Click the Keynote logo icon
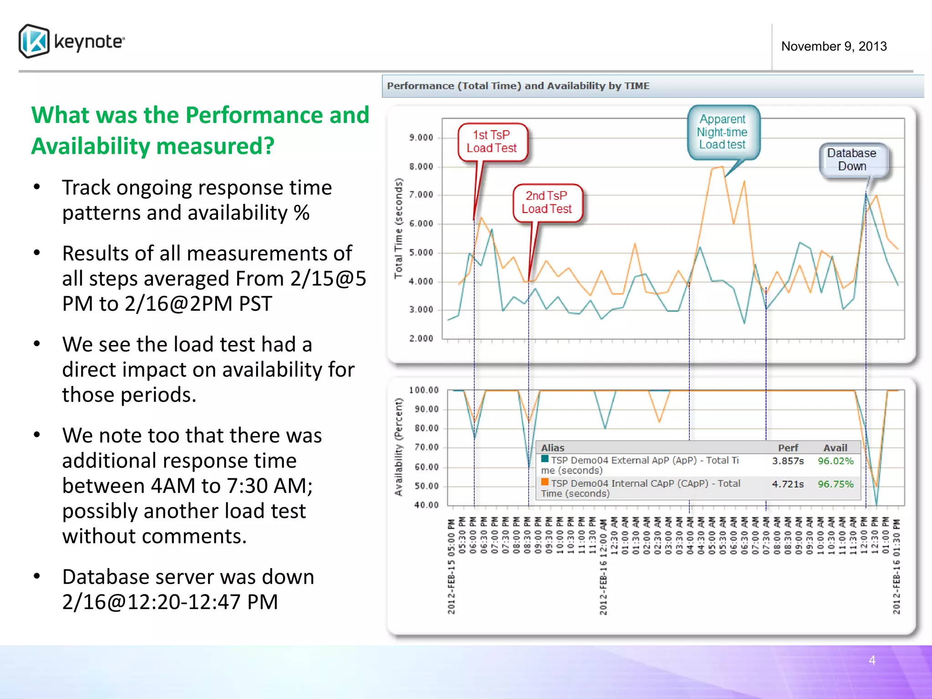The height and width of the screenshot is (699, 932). (x=34, y=41)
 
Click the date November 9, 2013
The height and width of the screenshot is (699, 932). (x=834, y=46)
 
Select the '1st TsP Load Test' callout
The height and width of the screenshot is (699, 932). (x=491, y=142)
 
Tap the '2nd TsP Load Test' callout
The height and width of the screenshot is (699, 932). (x=547, y=203)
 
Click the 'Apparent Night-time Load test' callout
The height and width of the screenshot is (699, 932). (x=722, y=132)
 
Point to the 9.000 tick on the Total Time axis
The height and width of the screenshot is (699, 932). (x=421, y=137)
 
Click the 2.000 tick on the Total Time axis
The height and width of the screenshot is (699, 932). (x=421, y=339)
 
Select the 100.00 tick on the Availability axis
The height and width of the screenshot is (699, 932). (x=424, y=390)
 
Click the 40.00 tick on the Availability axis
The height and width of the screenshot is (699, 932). (x=426, y=505)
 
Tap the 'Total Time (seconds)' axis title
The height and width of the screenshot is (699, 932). (x=399, y=228)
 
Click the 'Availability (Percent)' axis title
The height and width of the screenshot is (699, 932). (x=399, y=447)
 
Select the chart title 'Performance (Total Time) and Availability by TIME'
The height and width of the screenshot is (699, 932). (x=518, y=86)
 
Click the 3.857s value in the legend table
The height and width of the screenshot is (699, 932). (x=788, y=461)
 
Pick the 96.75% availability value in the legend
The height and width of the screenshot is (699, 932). (x=836, y=484)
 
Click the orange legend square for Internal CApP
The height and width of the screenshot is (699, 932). (x=545, y=482)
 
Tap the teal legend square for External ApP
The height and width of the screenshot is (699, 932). (x=545, y=459)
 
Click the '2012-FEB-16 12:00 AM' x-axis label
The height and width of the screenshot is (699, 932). (x=603, y=567)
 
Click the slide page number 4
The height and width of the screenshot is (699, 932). (x=872, y=660)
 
